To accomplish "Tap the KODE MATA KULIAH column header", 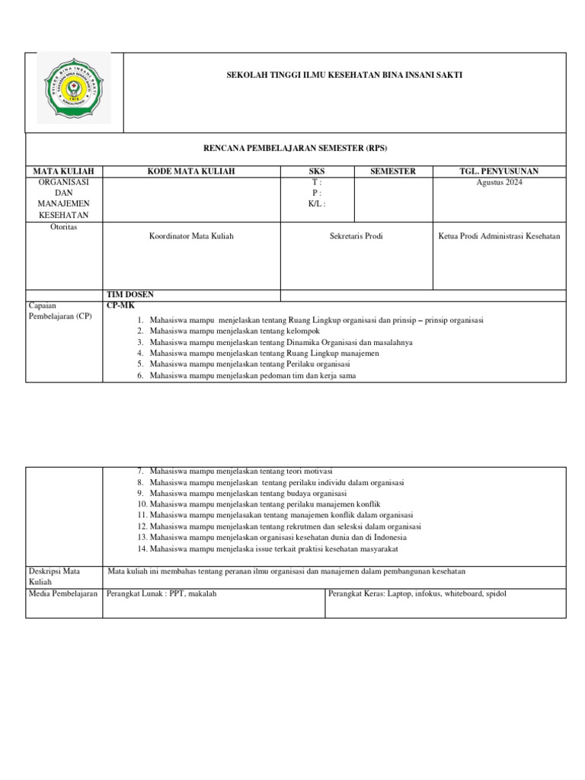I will (191, 171).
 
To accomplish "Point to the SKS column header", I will (315, 171).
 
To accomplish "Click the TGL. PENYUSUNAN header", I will (499, 171).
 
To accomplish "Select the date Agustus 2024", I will (499, 183).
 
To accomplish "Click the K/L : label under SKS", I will (315, 204).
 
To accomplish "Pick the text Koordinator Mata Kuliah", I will (191, 236).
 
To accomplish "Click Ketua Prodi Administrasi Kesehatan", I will (499, 236).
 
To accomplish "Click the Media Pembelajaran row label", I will (64, 593).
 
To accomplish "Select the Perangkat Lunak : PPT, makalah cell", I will (162, 593).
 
